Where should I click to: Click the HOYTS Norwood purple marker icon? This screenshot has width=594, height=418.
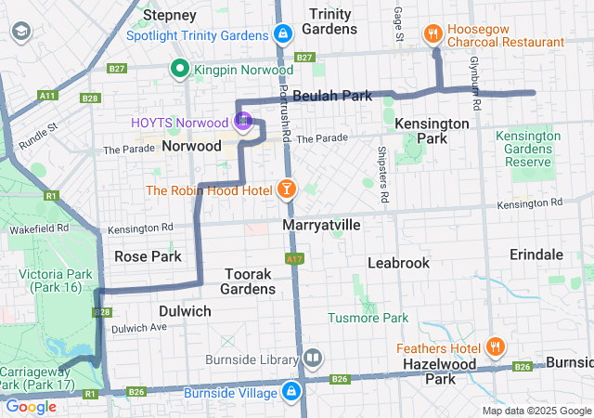pos(242,121)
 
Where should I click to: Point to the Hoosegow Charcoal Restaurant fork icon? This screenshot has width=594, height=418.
pos(433,34)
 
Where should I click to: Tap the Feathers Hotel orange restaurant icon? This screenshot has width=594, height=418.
pos(496,347)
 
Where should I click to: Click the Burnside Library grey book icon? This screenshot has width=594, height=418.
pos(313,358)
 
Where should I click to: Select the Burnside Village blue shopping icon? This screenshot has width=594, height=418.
pos(292,391)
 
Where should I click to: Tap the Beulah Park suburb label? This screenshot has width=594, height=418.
pos(332,96)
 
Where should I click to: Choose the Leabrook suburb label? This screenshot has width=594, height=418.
pos(398,263)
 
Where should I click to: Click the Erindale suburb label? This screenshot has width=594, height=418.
pos(536,255)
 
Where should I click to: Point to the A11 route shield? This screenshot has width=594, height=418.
pos(47,95)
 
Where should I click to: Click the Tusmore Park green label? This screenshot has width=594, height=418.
pos(368,318)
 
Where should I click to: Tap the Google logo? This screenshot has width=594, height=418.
pos(31,406)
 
